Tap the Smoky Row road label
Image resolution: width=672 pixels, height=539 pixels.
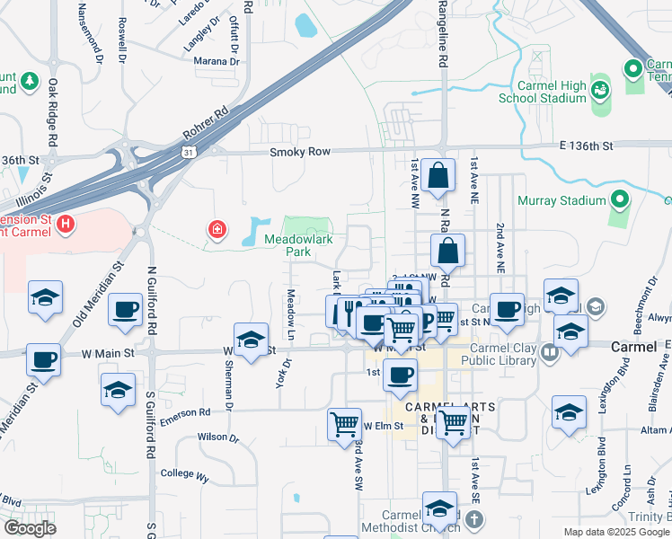point(300,153)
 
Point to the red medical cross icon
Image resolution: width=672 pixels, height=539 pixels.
point(217,232)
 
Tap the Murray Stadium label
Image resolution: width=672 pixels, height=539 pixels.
point(557,200)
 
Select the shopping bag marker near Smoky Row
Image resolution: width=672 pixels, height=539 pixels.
point(438,177)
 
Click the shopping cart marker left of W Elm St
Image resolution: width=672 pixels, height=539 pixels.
point(345,424)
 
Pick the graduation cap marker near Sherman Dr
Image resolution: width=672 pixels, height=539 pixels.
point(252,340)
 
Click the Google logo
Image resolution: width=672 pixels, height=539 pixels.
point(30,527)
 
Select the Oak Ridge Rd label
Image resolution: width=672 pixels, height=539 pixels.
point(52,112)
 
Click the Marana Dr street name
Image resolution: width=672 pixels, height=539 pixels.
point(217,61)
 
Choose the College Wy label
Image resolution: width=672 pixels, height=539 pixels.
point(184,473)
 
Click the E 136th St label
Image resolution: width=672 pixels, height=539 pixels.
point(587,145)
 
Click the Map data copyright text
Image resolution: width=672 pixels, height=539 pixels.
point(615,532)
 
